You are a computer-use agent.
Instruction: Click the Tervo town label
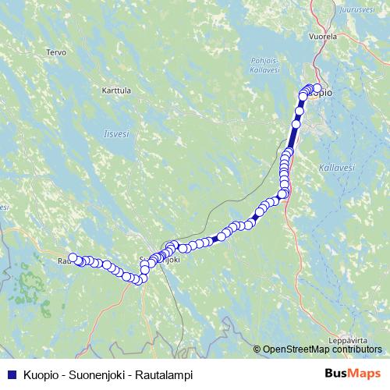(x=56, y=52)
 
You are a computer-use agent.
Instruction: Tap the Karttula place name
(x=116, y=90)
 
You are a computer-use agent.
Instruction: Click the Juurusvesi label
(x=358, y=10)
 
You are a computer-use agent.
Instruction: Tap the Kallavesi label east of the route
(x=337, y=168)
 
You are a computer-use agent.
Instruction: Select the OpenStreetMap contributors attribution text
(x=323, y=350)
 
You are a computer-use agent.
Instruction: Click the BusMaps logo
(x=353, y=374)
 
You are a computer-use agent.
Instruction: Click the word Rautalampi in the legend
(x=166, y=374)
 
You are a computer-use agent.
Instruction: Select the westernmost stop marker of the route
(x=73, y=257)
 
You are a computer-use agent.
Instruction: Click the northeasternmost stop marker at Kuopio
(x=317, y=88)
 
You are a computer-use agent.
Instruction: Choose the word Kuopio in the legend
(x=44, y=374)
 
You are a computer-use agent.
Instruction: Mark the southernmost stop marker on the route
(x=141, y=280)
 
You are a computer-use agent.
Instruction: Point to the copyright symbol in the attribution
(x=257, y=350)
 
